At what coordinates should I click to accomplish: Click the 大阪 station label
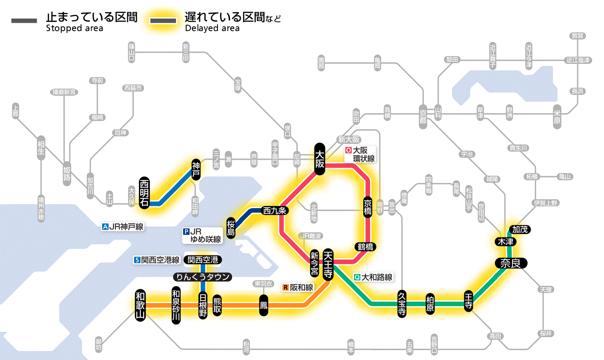pyautogui.click(x=320, y=158)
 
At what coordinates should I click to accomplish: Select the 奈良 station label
pyautogui.click(x=510, y=263)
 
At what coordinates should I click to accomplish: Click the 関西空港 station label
pyautogui.click(x=202, y=260)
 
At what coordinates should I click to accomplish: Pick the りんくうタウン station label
pyautogui.click(x=202, y=277)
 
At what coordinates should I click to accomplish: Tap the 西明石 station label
pyautogui.click(x=144, y=193)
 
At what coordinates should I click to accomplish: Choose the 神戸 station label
pyautogui.click(x=196, y=170)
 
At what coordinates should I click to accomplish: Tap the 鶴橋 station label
pyautogui.click(x=365, y=247)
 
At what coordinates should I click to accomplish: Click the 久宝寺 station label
pyautogui.click(x=402, y=304)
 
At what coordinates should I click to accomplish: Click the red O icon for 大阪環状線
pyautogui.click(x=348, y=151)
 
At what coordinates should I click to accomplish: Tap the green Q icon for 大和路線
pyautogui.click(x=356, y=278)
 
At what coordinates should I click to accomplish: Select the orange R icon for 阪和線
pyautogui.click(x=285, y=287)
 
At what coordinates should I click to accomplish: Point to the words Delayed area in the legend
pyautogui.click(x=212, y=28)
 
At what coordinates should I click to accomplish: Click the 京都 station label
pyautogui.click(x=423, y=114)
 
